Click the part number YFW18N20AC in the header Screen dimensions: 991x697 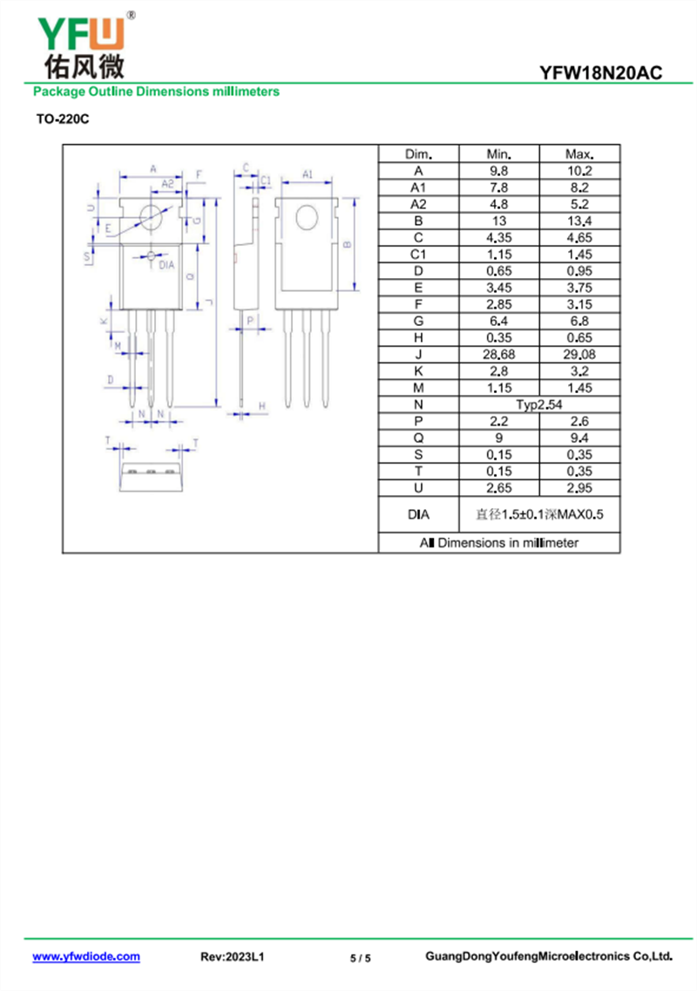click(600, 73)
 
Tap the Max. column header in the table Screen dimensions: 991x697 click(579, 153)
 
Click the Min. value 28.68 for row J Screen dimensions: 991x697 click(499, 354)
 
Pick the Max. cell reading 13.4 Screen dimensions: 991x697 click(579, 221)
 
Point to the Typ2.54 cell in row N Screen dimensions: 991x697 click(539, 404)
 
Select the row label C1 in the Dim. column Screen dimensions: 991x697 click(418, 254)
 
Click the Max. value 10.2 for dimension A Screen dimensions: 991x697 click(579, 171)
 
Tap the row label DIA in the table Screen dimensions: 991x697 click(418, 515)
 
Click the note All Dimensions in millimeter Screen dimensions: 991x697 click(499, 542)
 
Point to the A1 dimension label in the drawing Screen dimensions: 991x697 click(308, 174)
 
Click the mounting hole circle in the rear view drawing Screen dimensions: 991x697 click(307, 217)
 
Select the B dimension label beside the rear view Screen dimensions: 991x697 click(347, 245)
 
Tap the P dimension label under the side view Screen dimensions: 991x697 click(250, 320)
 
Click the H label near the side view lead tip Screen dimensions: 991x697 click(261, 406)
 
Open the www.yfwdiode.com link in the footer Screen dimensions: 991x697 click(86, 956)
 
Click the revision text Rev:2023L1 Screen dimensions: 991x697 click(233, 957)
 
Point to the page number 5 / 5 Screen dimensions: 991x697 click(361, 958)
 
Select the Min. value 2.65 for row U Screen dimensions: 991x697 click(499, 488)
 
